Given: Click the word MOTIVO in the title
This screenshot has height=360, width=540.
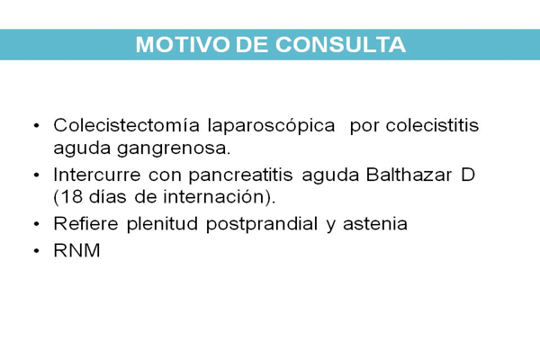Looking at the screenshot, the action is click(x=183, y=45).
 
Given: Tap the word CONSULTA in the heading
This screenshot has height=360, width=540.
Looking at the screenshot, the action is click(x=340, y=45).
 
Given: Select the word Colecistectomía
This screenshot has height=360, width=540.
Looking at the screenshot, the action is click(x=126, y=125).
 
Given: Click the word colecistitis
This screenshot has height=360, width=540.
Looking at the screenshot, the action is click(x=432, y=125).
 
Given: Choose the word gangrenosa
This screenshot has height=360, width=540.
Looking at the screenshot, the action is click(x=174, y=149).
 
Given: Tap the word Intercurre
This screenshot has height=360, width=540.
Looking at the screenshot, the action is click(x=97, y=175).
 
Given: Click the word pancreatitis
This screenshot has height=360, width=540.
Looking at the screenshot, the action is click(x=240, y=175).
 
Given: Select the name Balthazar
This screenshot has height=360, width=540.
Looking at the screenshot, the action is click(x=409, y=175).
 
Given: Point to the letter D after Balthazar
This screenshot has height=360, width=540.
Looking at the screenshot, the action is click(x=468, y=175).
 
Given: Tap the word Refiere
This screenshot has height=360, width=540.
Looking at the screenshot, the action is click(x=86, y=223).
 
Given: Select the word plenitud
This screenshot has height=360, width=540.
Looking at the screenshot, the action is click(x=162, y=225).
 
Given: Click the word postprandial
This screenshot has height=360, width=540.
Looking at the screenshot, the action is click(x=262, y=225).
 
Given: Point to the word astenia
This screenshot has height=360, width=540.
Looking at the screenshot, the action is click(x=375, y=224).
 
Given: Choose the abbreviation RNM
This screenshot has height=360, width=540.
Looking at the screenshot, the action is click(x=76, y=250).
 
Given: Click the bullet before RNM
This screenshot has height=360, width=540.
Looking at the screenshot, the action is click(x=37, y=251).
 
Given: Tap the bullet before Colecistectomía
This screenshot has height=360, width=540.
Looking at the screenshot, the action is click(x=37, y=126).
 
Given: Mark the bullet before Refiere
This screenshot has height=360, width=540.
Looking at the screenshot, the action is click(x=37, y=224).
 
